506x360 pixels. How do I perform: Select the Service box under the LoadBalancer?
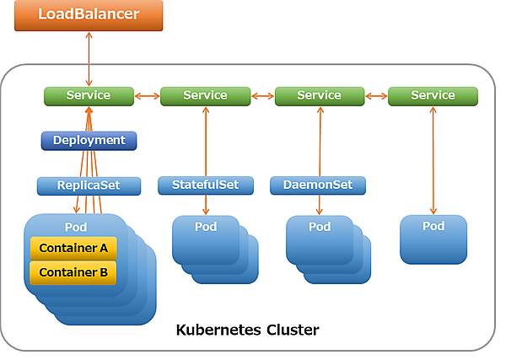point(89,95)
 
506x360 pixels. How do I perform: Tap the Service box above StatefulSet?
point(206,95)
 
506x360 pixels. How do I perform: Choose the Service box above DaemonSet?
point(320,95)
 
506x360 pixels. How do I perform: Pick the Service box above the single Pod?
point(433,95)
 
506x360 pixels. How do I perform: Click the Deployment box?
point(89,140)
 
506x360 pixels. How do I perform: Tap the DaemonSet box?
point(318,185)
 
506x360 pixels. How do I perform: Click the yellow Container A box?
point(73,248)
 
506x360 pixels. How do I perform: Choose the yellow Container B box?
point(73,272)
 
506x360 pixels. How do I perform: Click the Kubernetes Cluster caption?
point(247,329)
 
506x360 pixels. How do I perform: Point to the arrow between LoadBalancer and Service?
point(89,59)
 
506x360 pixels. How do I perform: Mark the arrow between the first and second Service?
point(147,96)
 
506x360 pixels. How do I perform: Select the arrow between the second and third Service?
point(263,96)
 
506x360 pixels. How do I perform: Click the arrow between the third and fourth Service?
point(376,96)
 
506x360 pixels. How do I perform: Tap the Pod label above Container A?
point(76,228)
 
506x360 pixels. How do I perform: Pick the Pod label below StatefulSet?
point(206,227)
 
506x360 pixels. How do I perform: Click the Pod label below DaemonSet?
point(320,227)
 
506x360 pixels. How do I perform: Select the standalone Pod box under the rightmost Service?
point(433,239)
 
